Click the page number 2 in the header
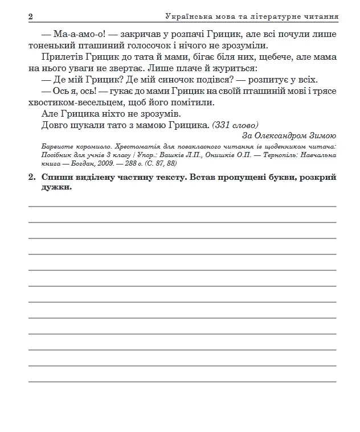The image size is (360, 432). click(31, 17)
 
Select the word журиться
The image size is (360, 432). click(232, 68)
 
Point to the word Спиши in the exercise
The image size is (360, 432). click(57, 178)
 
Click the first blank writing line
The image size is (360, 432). click(182, 205)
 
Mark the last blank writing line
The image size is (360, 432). click(182, 380)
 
